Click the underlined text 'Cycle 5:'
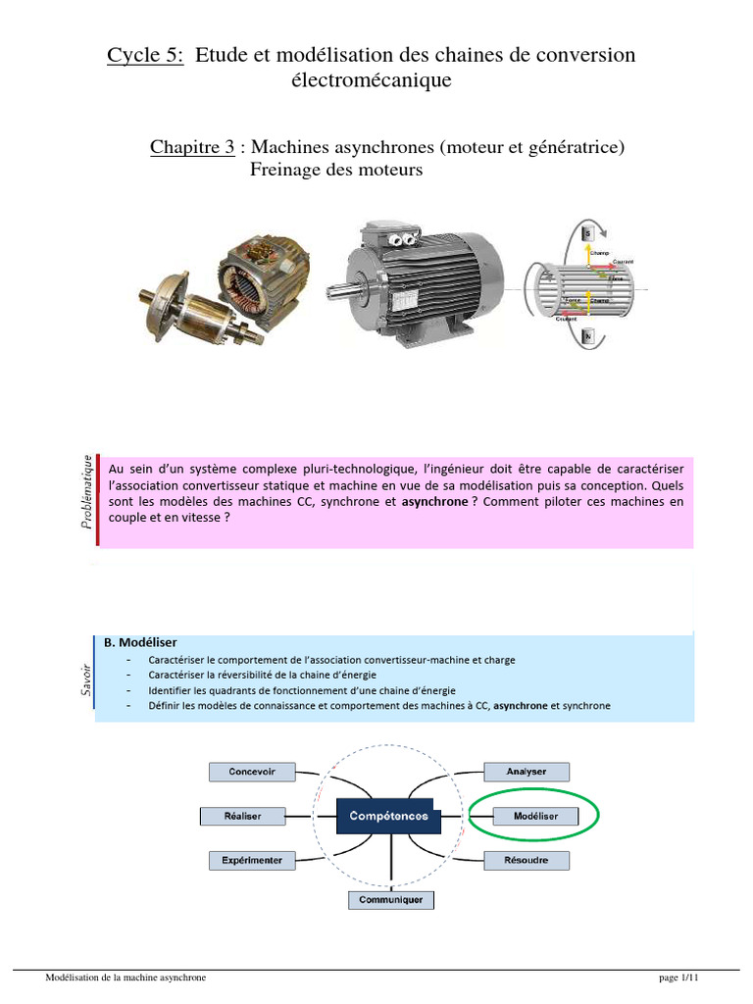point(145,56)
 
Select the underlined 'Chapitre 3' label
point(192,147)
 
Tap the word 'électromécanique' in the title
point(372,81)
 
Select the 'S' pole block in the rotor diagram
point(587,233)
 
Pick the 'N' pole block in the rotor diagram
point(588,336)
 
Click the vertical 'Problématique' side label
point(88,492)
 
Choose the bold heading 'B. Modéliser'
point(140,643)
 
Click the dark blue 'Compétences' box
point(388,816)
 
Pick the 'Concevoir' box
point(252,772)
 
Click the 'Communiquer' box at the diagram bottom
point(391,899)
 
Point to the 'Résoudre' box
point(527,860)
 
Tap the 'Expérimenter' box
point(251,860)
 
